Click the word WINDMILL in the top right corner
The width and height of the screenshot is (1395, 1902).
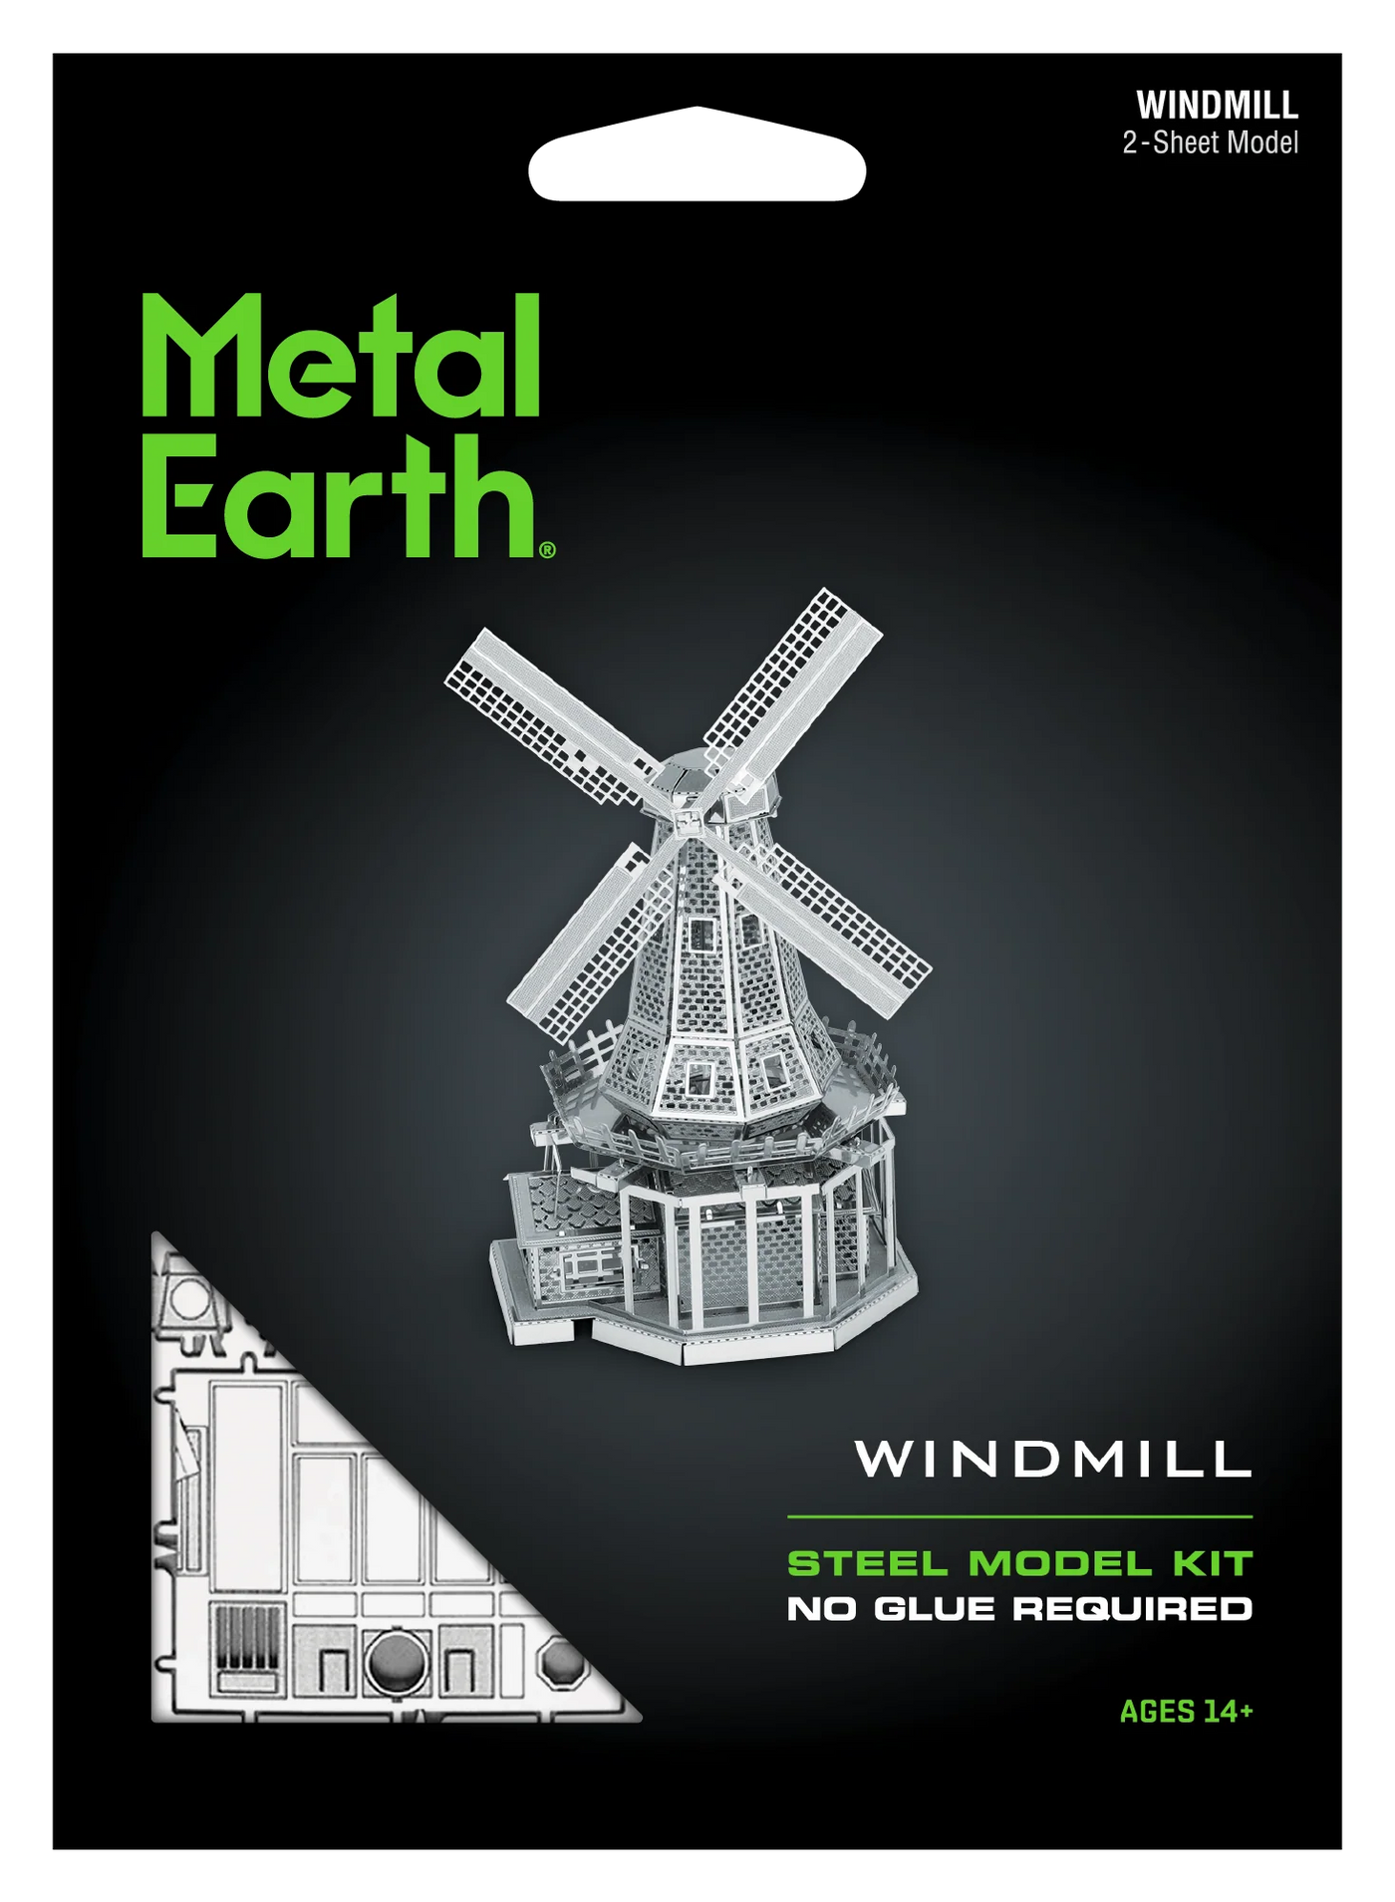coord(1217,106)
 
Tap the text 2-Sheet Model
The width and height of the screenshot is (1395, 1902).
coord(1211,143)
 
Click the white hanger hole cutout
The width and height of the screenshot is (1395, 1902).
coord(697,154)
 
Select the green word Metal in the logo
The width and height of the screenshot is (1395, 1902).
coord(341,356)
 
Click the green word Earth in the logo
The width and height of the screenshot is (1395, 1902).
coord(341,495)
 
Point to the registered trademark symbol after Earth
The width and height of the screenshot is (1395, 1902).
coord(548,550)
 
